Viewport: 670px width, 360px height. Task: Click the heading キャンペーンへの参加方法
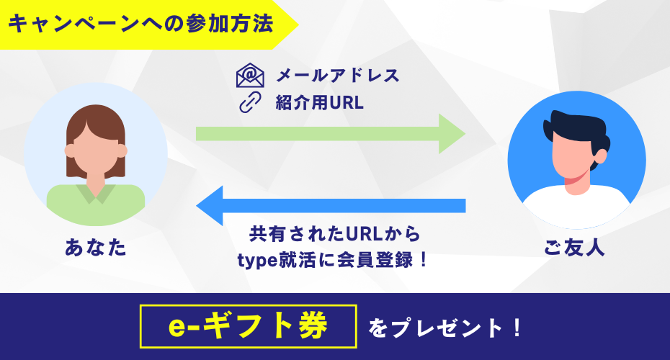140,24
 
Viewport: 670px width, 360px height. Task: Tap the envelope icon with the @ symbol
250,75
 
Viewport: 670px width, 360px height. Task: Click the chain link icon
250,102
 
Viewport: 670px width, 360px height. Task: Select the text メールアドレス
338,76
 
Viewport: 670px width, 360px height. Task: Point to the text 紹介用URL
320,102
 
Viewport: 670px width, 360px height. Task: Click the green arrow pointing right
330,134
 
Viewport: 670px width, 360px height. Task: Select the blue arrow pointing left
330,206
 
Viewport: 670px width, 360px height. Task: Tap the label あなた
96,247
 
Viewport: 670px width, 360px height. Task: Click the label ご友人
575,247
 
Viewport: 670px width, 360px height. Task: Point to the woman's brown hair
96,124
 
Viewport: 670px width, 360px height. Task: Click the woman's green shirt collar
96,193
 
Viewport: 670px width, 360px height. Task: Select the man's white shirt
576,205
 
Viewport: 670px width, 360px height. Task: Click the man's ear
600,156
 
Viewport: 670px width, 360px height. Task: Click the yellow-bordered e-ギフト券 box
249,326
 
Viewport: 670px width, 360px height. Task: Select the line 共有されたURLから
335,234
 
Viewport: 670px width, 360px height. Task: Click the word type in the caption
257,261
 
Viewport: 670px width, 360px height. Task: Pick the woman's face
96,150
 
